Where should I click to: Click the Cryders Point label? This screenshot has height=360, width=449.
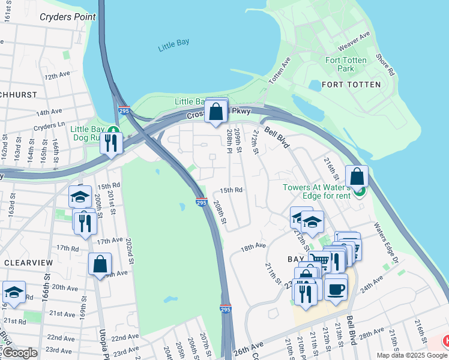pyautogui.click(x=68, y=17)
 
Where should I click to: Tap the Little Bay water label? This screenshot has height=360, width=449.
pyautogui.click(x=173, y=47)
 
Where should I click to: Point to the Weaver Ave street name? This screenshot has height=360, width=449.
pyautogui.click(x=354, y=43)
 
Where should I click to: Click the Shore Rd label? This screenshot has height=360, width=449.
pyautogui.click(x=386, y=64)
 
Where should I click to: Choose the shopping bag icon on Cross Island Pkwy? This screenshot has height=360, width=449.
pyautogui.click(x=215, y=111)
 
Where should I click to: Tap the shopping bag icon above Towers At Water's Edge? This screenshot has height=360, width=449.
pyautogui.click(x=357, y=176)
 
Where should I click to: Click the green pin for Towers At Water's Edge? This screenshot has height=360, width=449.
pyautogui.click(x=360, y=191)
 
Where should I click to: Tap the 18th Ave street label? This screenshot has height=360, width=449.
pyautogui.click(x=253, y=247)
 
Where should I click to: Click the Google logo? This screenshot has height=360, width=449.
pyautogui.click(x=20, y=353)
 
